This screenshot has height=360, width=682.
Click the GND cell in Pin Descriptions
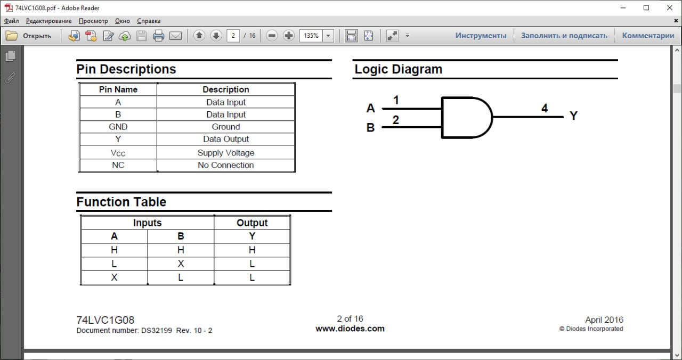(118, 127)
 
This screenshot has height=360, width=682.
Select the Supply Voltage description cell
(225, 152)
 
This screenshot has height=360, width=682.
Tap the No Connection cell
(225, 165)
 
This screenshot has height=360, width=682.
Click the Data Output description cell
(225, 139)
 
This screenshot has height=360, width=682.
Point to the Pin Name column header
(118, 89)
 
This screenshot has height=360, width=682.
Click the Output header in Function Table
(252, 223)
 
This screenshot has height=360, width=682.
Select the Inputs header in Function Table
(148, 223)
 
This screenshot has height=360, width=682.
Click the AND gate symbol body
(467, 118)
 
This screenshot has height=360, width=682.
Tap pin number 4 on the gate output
(545, 108)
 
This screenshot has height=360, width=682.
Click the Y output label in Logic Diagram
(574, 116)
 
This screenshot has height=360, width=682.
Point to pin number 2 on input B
(395, 120)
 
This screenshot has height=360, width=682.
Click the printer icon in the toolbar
(158, 36)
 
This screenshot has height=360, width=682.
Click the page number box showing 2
(233, 36)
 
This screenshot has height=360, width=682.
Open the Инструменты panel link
(481, 36)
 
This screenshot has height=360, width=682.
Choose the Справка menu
(149, 21)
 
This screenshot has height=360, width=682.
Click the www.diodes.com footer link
(350, 329)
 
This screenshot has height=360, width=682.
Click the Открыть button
(29, 36)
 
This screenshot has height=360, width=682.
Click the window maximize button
(646, 8)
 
